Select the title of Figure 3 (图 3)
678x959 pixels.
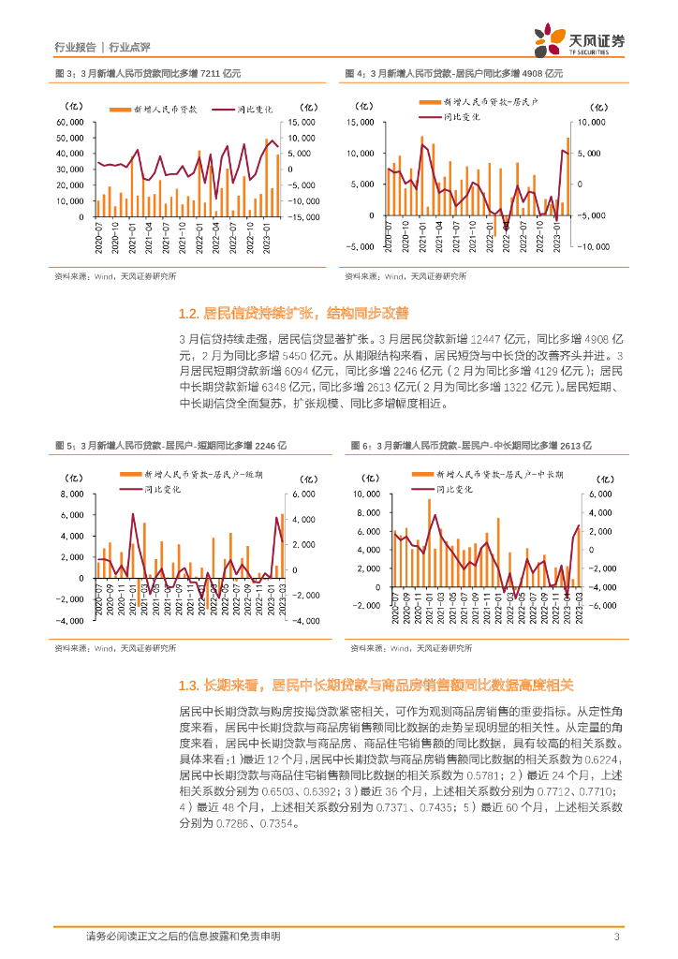[147, 72]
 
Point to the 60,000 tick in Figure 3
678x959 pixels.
[71, 123]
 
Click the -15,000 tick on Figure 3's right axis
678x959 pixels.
[304, 217]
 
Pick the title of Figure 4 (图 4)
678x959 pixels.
[453, 72]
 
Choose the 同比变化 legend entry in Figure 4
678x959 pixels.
[461, 117]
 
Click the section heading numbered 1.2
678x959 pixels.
[292, 313]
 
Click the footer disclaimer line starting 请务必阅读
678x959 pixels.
[183, 937]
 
